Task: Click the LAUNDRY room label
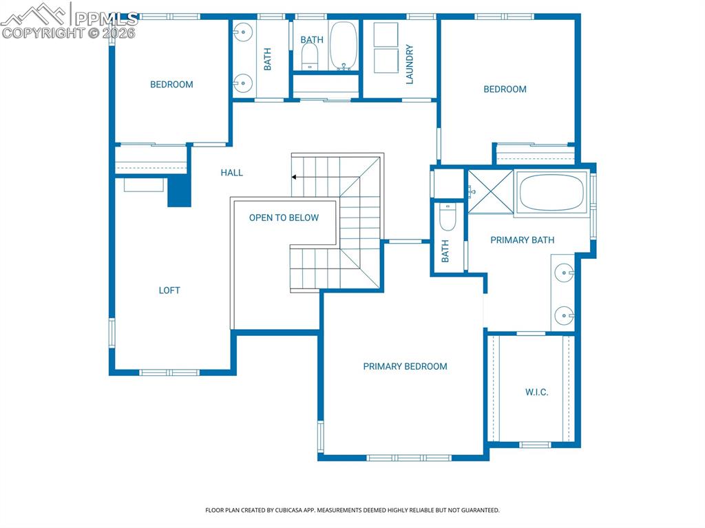(x=410, y=65)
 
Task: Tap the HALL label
(x=232, y=173)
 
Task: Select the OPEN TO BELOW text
(x=284, y=218)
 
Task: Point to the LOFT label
(x=169, y=291)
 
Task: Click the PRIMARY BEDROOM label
(x=405, y=367)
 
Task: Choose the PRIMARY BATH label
(x=522, y=240)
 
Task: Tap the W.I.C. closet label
(x=537, y=392)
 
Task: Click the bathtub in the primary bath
(x=551, y=192)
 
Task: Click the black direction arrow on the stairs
(x=295, y=177)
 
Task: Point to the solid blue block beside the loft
(x=179, y=191)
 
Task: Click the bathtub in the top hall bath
(x=344, y=45)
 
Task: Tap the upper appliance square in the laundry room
(x=386, y=34)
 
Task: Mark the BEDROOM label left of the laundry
(x=171, y=85)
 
